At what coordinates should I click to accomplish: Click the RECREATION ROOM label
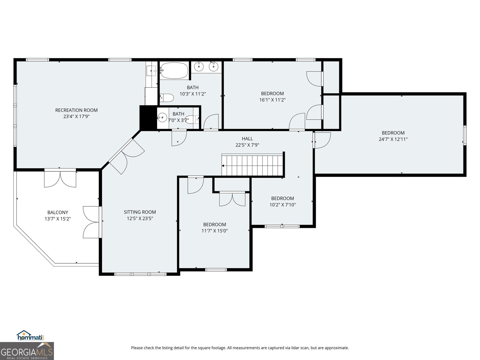pyautogui.click(x=76, y=110)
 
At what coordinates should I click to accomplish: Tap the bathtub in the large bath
pyautogui.click(x=174, y=70)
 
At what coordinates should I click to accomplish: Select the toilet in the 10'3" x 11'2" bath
pyautogui.click(x=167, y=98)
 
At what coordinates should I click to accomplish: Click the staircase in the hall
pyautogui.click(x=253, y=165)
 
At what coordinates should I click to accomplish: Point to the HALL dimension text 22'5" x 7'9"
pyautogui.click(x=247, y=145)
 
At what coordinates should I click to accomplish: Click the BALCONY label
pyautogui.click(x=58, y=212)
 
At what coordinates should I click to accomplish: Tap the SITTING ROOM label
pyautogui.click(x=140, y=212)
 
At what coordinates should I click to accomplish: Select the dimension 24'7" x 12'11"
pyautogui.click(x=393, y=139)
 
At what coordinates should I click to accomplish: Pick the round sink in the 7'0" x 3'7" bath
pyautogui.click(x=162, y=118)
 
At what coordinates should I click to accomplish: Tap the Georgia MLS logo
pyautogui.click(x=27, y=351)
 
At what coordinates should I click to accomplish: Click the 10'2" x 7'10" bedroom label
pyautogui.click(x=282, y=198)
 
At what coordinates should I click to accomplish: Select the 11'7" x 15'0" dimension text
pyautogui.click(x=214, y=231)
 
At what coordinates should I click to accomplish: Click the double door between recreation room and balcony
pyautogui.click(x=60, y=179)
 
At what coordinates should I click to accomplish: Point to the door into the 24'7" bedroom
pyautogui.click(x=322, y=140)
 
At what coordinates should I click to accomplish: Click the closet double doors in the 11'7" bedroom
pyautogui.click(x=232, y=199)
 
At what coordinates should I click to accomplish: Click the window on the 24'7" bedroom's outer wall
pyautogui.click(x=465, y=135)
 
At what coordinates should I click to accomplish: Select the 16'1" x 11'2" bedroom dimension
pyautogui.click(x=272, y=100)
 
